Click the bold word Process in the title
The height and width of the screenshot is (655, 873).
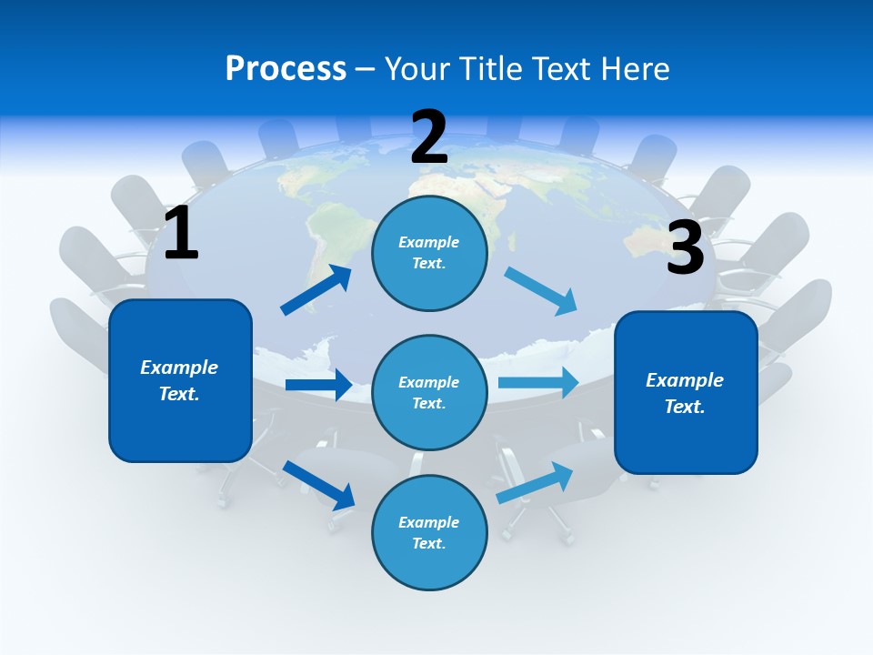286,68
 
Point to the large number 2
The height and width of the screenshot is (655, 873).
429,137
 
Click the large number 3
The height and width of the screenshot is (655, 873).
685,247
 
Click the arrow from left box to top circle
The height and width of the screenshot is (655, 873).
316,289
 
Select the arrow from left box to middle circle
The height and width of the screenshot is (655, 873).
319,385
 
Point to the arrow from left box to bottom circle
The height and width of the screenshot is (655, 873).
319,484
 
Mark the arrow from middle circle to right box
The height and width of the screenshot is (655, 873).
538,382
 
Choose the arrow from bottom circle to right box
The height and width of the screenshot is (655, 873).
536,481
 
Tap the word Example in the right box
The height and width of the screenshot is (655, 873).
685,380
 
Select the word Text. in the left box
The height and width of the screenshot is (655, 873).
179,394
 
